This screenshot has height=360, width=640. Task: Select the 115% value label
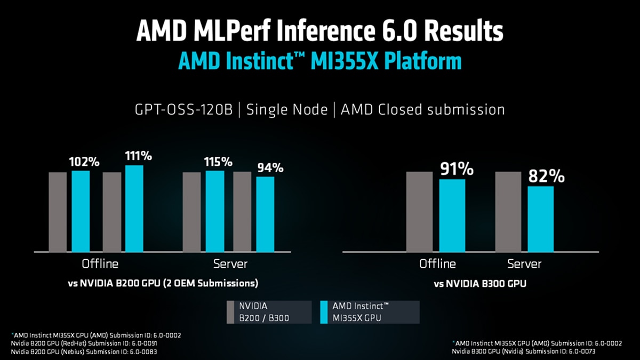218,162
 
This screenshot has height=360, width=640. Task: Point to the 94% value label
270,167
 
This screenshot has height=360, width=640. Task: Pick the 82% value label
546,176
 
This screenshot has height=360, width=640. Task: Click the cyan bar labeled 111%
134,208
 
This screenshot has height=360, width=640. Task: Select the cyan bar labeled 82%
541,219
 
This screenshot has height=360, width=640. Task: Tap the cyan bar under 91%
452,215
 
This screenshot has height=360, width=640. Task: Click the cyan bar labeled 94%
265,214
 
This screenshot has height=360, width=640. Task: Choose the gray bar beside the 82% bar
508,211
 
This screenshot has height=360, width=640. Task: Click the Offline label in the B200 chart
100,264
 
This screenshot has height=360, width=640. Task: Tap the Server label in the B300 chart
524,264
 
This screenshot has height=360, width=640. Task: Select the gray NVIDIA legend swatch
230,312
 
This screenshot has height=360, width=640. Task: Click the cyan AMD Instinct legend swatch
324,312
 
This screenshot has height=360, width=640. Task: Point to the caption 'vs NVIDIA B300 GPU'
479,284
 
